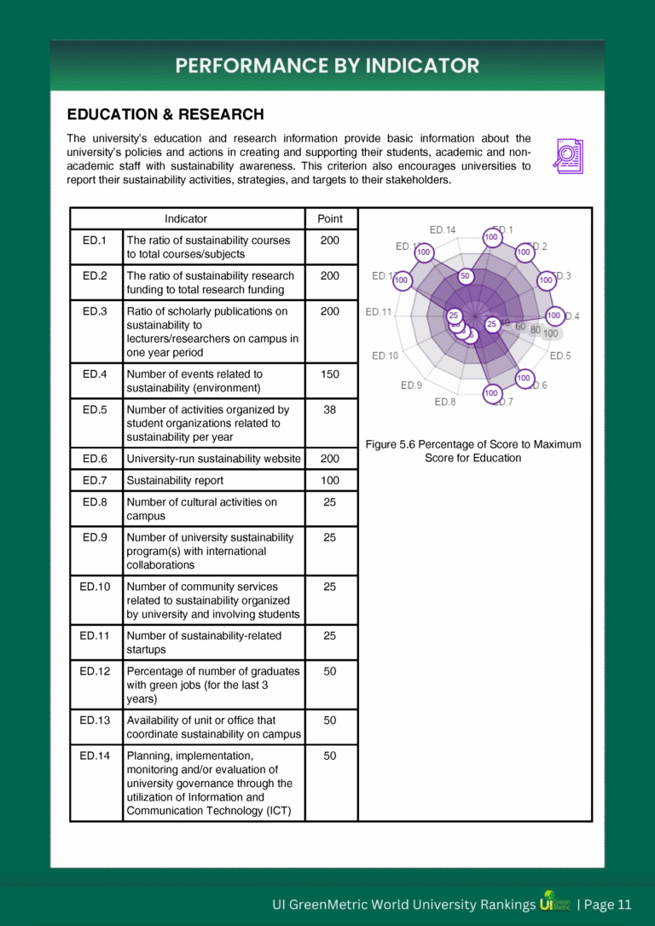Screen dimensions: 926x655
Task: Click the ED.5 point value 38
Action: (329, 409)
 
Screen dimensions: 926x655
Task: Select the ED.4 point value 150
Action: (329, 374)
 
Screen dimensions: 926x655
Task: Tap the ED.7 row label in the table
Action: (95, 481)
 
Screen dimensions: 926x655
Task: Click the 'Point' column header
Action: (329, 219)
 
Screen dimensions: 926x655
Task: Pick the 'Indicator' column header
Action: (186, 219)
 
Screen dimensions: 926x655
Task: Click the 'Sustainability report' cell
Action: (175, 481)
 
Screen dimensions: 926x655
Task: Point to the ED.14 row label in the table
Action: (95, 755)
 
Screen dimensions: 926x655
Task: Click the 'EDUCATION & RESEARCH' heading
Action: (165, 114)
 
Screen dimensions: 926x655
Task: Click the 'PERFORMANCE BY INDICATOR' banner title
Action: (327, 66)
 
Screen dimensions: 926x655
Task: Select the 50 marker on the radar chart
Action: (465, 276)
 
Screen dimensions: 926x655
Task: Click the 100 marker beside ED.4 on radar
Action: (554, 315)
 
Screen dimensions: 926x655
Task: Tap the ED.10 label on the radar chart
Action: (385, 356)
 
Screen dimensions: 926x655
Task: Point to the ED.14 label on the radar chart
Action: (442, 229)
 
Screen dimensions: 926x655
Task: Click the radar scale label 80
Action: (535, 329)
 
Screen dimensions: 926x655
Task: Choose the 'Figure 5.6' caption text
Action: (473, 451)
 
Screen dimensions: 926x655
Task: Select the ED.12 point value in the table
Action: (329, 671)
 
